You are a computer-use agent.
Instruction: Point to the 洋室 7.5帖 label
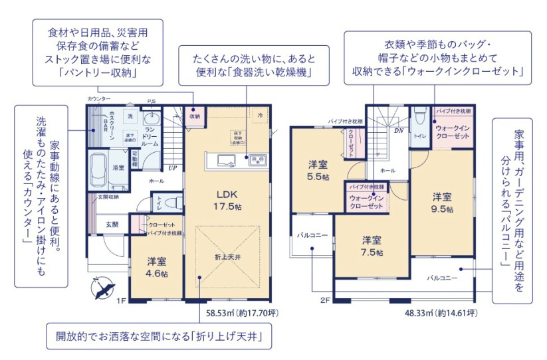click(x=371, y=246)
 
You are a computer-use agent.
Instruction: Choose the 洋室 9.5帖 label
click(x=443, y=203)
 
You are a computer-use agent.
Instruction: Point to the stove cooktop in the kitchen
click(x=257, y=159)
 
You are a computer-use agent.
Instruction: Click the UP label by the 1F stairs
click(x=172, y=167)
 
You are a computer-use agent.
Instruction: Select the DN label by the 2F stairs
click(x=398, y=131)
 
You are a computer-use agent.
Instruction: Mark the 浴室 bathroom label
click(x=118, y=167)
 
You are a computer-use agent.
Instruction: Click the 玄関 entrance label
click(x=112, y=225)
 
